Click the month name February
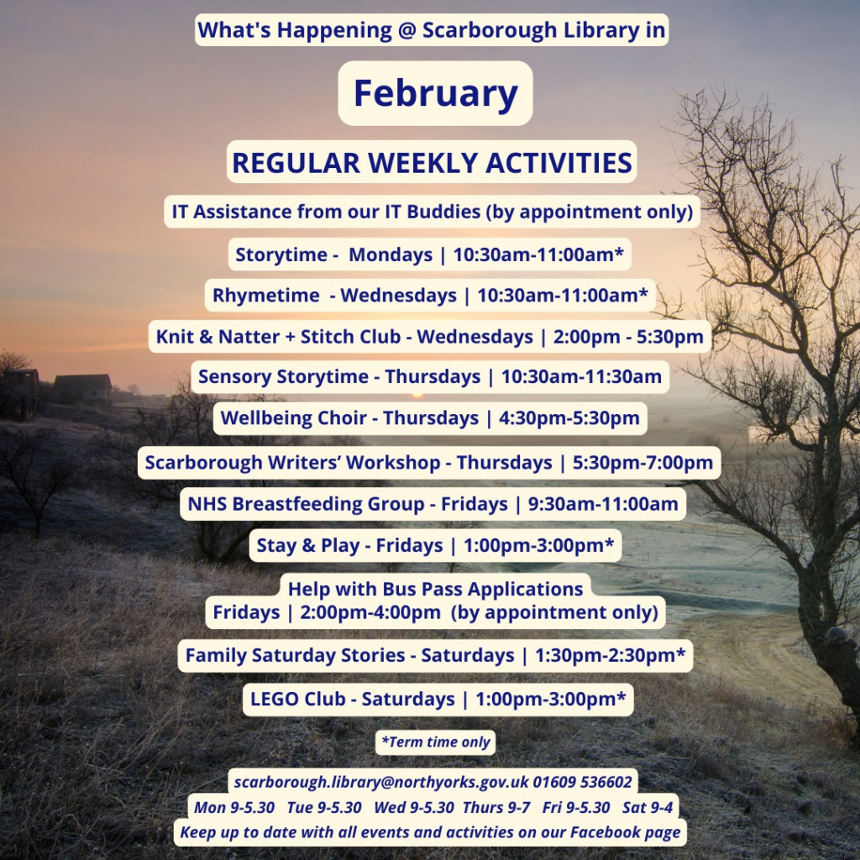click(436, 93)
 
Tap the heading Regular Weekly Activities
click(432, 162)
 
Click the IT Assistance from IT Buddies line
click(433, 212)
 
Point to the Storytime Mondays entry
click(429, 254)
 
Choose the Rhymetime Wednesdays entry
click(430, 295)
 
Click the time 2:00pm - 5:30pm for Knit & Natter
click(628, 336)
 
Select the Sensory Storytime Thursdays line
click(429, 377)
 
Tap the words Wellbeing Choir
click(293, 418)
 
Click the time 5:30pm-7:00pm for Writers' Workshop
click(642, 463)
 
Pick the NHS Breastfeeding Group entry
click(433, 504)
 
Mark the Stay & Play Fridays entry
click(435, 546)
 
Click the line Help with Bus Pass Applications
click(435, 589)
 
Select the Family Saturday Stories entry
click(435, 655)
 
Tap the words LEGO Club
click(298, 700)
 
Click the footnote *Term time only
click(436, 742)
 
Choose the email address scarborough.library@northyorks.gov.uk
click(381, 782)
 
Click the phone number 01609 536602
click(582, 782)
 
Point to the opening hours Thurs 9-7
click(496, 807)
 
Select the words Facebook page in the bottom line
click(625, 832)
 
